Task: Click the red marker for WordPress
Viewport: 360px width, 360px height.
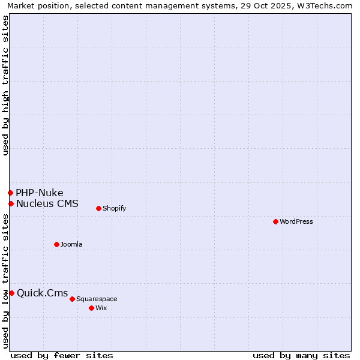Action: [275, 221]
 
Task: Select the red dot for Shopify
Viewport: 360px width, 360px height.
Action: [98, 208]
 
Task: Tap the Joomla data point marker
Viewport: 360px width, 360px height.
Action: [56, 244]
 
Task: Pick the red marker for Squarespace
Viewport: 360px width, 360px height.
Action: [72, 299]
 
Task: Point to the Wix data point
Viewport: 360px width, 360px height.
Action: [91, 308]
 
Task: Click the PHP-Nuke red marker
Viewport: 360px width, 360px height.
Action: [10, 193]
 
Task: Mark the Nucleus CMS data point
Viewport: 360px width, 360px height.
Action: [11, 203]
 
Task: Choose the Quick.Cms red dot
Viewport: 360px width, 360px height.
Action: [11, 293]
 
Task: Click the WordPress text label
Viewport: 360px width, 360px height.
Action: [296, 221]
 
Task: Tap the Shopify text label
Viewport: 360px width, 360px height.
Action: [114, 208]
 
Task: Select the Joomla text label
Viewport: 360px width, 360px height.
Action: [71, 244]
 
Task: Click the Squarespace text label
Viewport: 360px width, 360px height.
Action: [97, 299]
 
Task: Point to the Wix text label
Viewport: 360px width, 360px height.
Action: [101, 308]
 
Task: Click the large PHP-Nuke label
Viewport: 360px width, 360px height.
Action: [40, 193]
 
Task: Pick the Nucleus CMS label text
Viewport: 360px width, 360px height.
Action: [47, 203]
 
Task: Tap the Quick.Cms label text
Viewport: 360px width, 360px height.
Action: [42, 293]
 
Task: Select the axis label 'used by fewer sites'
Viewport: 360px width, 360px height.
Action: [62, 355]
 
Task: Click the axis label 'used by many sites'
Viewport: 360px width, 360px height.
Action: [301, 355]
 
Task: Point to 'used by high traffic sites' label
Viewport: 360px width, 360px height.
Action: [5, 85]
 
